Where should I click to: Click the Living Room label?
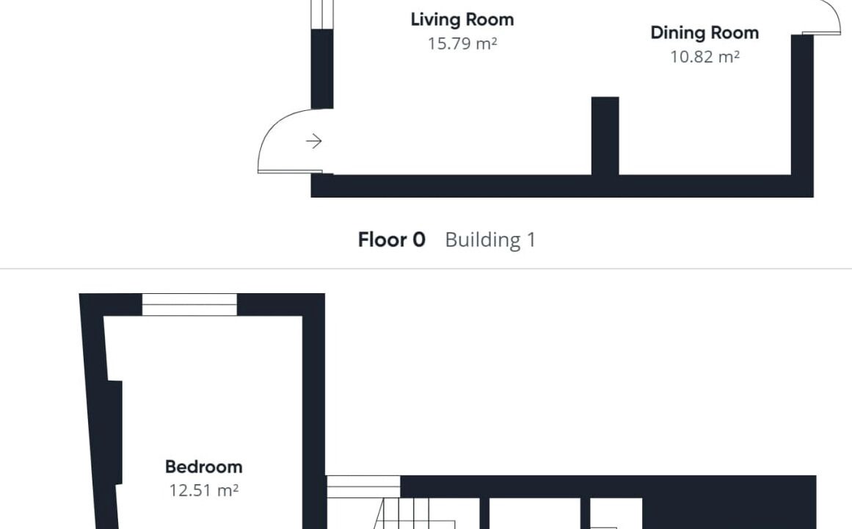462,20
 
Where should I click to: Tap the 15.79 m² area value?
462,43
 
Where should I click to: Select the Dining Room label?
704,33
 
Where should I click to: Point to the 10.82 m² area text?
704,57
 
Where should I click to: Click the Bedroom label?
203,467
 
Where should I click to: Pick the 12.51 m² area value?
203,490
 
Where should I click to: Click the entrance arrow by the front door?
313,141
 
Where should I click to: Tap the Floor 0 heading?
391,240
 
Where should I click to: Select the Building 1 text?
490,240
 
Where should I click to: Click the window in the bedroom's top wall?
189,305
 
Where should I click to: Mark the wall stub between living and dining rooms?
605,136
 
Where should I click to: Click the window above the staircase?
363,486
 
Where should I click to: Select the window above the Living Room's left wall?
321,14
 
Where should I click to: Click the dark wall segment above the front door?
321,69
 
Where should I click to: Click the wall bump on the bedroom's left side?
114,432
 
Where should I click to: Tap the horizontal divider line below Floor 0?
426,268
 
